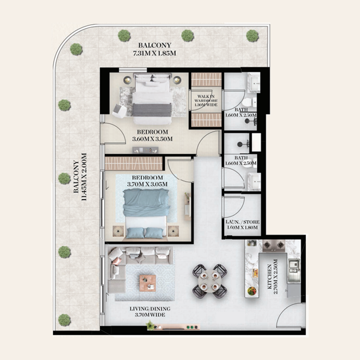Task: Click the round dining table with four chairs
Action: click(x=210, y=281)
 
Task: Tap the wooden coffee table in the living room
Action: click(x=148, y=283)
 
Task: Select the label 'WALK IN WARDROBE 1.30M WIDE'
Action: click(x=206, y=100)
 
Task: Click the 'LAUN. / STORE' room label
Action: click(x=243, y=222)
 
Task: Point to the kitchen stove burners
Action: click(x=274, y=246)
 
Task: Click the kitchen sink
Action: click(x=294, y=265)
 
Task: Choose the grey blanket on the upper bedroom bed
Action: click(x=152, y=110)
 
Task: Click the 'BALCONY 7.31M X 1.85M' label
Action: click(x=155, y=49)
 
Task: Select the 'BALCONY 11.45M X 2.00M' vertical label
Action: click(x=80, y=177)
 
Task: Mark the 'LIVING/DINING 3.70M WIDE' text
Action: click(x=150, y=311)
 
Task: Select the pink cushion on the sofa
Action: click(x=117, y=261)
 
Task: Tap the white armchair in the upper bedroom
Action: click(x=119, y=111)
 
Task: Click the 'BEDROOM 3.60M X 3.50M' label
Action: click(x=153, y=135)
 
